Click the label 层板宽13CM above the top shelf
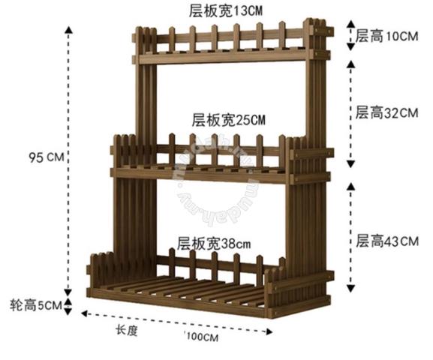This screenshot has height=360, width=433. pos(226,11)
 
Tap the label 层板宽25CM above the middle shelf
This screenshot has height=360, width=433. pos(228,120)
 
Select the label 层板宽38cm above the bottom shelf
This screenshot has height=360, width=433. pos(214,244)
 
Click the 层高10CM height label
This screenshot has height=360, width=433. pos(386,36)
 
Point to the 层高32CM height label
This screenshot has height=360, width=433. pos(386,112)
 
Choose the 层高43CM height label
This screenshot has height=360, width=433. pos(387,241)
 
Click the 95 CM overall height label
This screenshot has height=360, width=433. pos(47,157)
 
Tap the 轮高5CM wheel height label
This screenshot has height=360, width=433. pos(36,305)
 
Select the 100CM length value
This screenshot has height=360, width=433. pos(203,337)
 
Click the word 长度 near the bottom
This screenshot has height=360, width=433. pos(127,330)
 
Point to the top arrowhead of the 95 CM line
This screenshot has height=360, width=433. pos(68,30)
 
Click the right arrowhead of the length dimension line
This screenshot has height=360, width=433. pos(269,331)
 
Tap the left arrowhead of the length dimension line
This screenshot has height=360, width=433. pos(85,313)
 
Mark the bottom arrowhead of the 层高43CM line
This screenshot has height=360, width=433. pos(350,289)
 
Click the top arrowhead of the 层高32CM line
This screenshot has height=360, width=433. pos(350,64)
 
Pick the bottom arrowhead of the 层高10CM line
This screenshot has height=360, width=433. pos(350,46)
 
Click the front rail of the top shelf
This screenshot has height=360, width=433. pos(223,58)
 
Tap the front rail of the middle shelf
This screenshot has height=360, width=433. pos(200,175)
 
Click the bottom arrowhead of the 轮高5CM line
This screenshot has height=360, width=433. pos(68,311)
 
